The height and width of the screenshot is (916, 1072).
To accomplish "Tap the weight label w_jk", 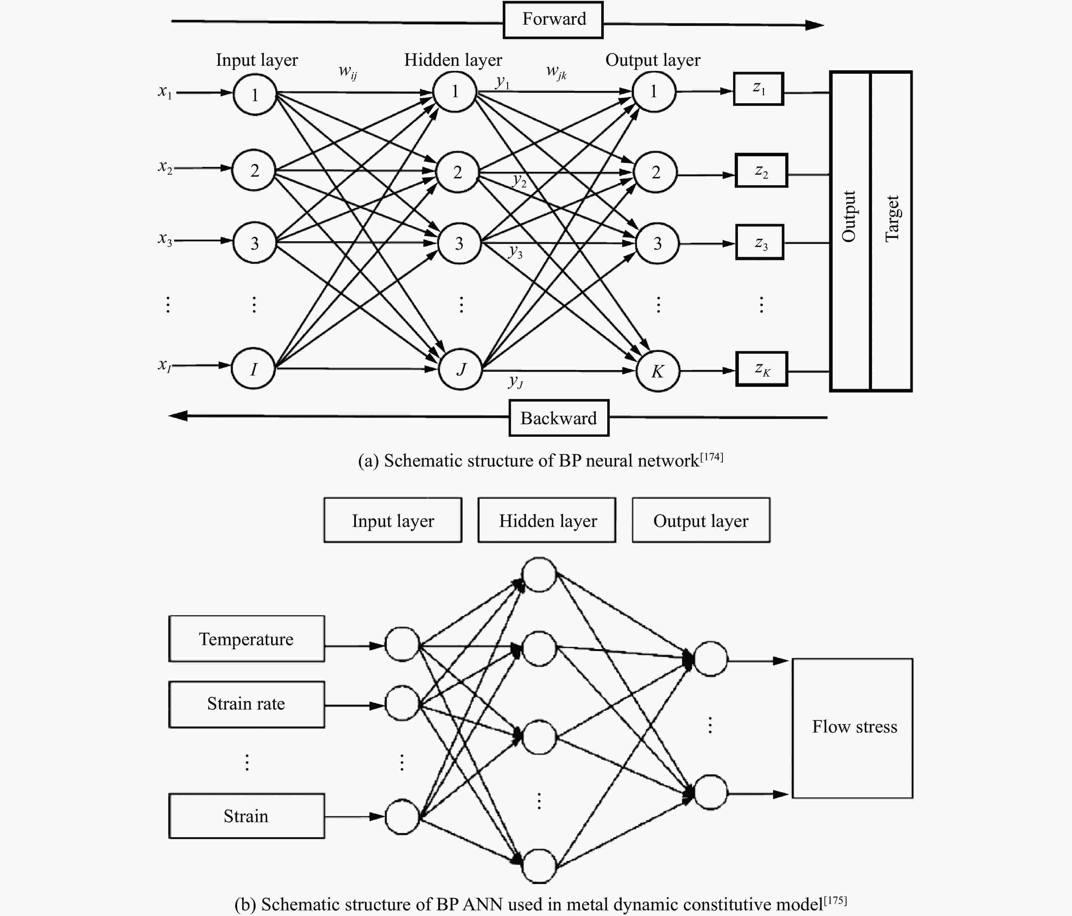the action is (556, 71).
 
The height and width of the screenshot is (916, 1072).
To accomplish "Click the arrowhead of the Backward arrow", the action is (178, 415).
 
